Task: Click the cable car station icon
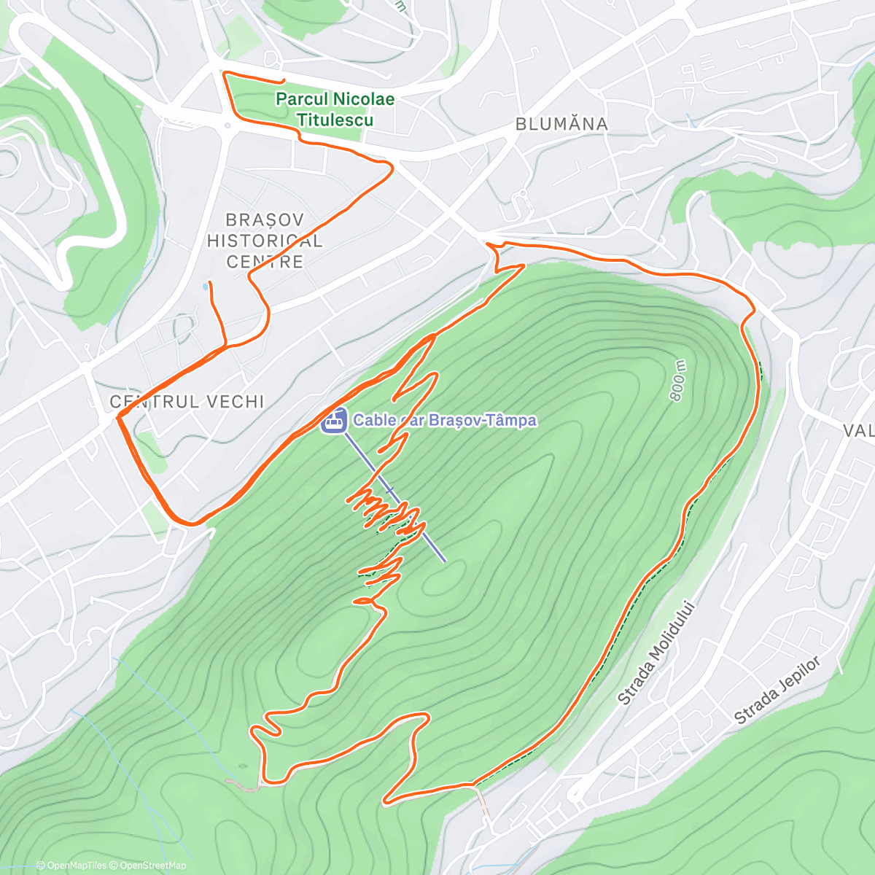334,421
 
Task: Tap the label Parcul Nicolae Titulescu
335,109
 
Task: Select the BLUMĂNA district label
561,124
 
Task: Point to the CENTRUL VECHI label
187,402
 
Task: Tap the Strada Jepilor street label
777,690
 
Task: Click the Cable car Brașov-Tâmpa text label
445,420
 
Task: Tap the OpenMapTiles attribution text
71,866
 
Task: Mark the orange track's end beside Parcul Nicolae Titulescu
283,80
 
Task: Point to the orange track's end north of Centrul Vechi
210,282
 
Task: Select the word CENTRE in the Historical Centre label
265,262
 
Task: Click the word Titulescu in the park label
335,120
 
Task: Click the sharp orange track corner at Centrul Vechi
118,417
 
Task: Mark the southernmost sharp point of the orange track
384,803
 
